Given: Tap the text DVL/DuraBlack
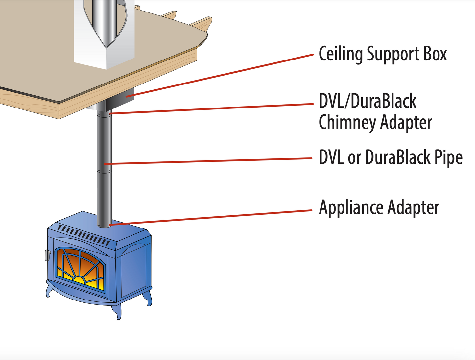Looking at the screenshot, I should click(367, 101).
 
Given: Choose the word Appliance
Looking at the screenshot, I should click(351, 208).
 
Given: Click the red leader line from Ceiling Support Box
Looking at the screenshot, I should click(224, 75).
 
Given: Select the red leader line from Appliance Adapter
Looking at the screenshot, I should click(210, 217).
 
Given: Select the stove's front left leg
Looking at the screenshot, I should click(49, 291).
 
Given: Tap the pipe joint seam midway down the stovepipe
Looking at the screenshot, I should click(104, 171).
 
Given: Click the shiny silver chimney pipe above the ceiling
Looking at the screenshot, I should click(104, 20).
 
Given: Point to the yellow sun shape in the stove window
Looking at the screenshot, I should click(79, 280).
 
